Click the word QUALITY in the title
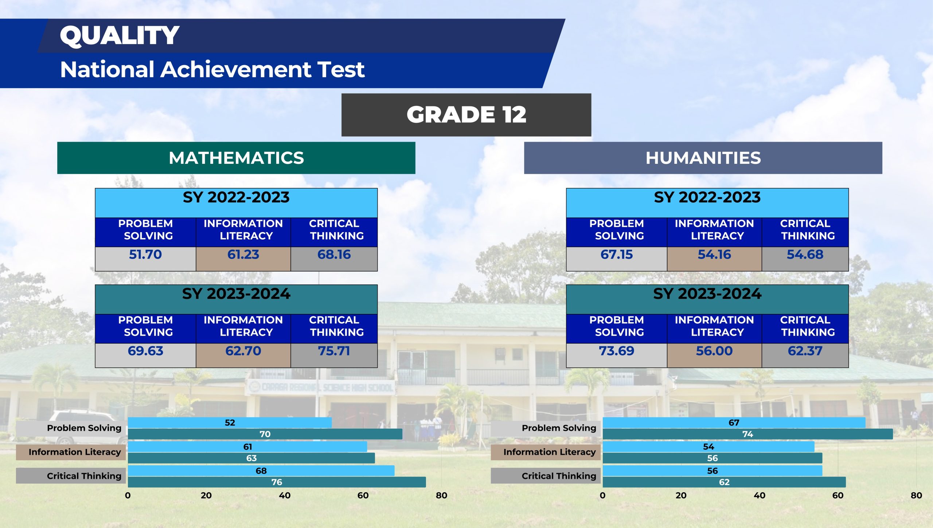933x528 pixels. tap(120, 36)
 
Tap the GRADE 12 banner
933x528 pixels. tap(466, 115)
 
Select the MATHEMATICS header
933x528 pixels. tap(236, 158)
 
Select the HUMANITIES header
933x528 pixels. tap(703, 158)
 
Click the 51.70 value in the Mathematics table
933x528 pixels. tap(145, 255)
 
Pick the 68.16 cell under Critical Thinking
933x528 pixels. tap(334, 255)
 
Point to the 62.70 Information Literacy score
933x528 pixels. tap(243, 351)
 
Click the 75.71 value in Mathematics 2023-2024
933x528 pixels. tap(334, 351)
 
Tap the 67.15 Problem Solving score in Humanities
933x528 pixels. tap(617, 255)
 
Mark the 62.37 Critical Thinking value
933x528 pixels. tap(805, 351)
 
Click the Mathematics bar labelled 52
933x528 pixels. tap(230, 423)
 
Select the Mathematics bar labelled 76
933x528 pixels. tap(277, 482)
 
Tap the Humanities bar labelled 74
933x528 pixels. tap(747, 434)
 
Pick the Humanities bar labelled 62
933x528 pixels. tap(724, 482)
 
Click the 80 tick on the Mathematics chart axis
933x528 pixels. tap(441, 496)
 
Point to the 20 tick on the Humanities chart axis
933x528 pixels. tap(681, 496)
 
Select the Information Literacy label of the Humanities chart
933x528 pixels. tap(549, 452)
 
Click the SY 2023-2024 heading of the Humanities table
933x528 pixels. tap(707, 294)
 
